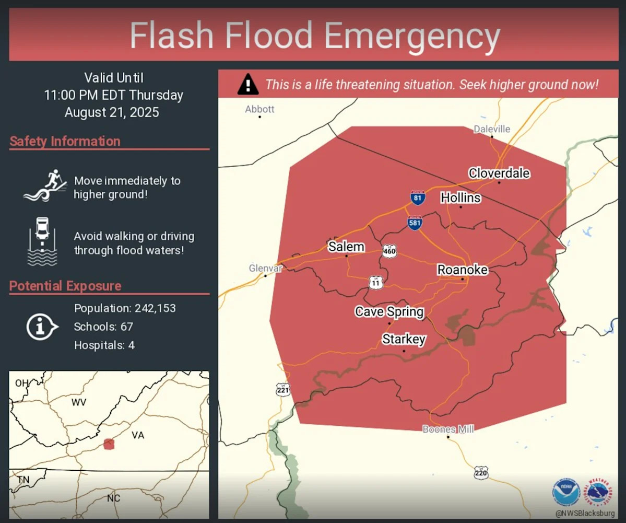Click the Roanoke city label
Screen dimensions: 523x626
[462, 270]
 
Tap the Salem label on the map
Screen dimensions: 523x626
[346, 247]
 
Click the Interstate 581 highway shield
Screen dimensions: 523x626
[415, 223]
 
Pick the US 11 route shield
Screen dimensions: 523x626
[376, 282]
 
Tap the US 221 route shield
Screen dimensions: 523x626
[283, 389]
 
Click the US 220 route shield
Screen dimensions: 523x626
[481, 473]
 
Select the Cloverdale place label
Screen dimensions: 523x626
[499, 173]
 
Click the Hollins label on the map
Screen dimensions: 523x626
[460, 197]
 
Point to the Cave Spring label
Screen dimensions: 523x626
[389, 312]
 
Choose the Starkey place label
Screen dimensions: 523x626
[404, 339]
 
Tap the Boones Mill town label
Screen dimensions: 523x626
[448, 429]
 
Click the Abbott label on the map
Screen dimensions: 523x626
[259, 109]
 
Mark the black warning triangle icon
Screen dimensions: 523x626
[248, 85]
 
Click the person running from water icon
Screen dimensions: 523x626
[45, 187]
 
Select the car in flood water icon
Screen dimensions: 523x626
[42, 241]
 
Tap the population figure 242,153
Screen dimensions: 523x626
[155, 308]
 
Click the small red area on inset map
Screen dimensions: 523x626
[109, 444]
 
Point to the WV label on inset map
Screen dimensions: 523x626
[78, 402]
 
